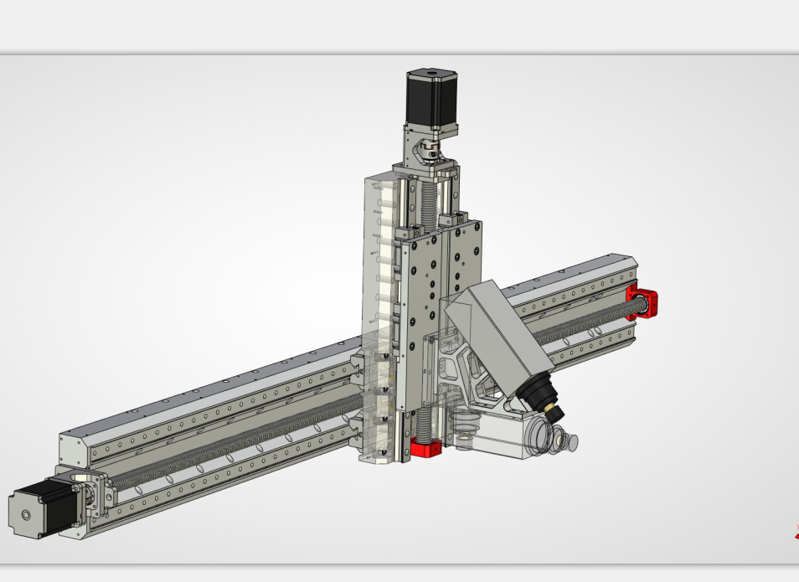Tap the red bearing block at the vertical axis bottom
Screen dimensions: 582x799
tap(426, 448)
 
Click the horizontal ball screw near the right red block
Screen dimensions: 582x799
tap(586, 322)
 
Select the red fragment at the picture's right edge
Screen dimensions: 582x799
tap(796, 531)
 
